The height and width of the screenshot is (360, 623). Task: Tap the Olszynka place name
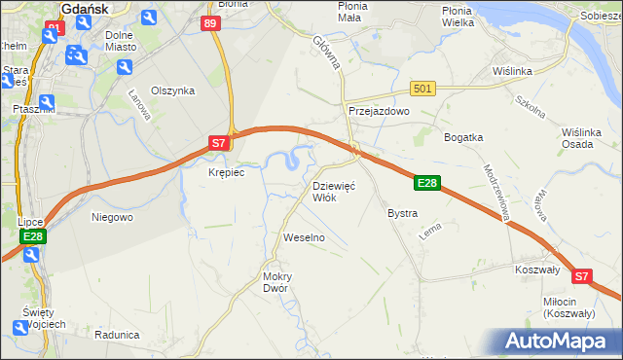[x=173, y=90]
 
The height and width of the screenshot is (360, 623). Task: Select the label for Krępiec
[x=226, y=172]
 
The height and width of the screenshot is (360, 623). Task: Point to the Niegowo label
[x=112, y=217]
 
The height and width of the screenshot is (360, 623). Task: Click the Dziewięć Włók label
[x=333, y=191]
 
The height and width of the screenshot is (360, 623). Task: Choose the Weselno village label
[x=303, y=237]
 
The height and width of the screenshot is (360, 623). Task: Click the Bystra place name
[x=402, y=213]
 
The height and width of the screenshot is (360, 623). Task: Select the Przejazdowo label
[x=379, y=111]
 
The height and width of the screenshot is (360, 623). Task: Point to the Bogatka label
[x=463, y=137]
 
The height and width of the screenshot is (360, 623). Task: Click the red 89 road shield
[x=211, y=22]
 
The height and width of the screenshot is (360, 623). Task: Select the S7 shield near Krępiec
[x=219, y=143]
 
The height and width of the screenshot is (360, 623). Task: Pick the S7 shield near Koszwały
[x=581, y=276]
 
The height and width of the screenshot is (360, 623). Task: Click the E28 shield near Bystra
[x=427, y=182]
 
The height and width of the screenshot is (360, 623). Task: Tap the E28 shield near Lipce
[x=32, y=236]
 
